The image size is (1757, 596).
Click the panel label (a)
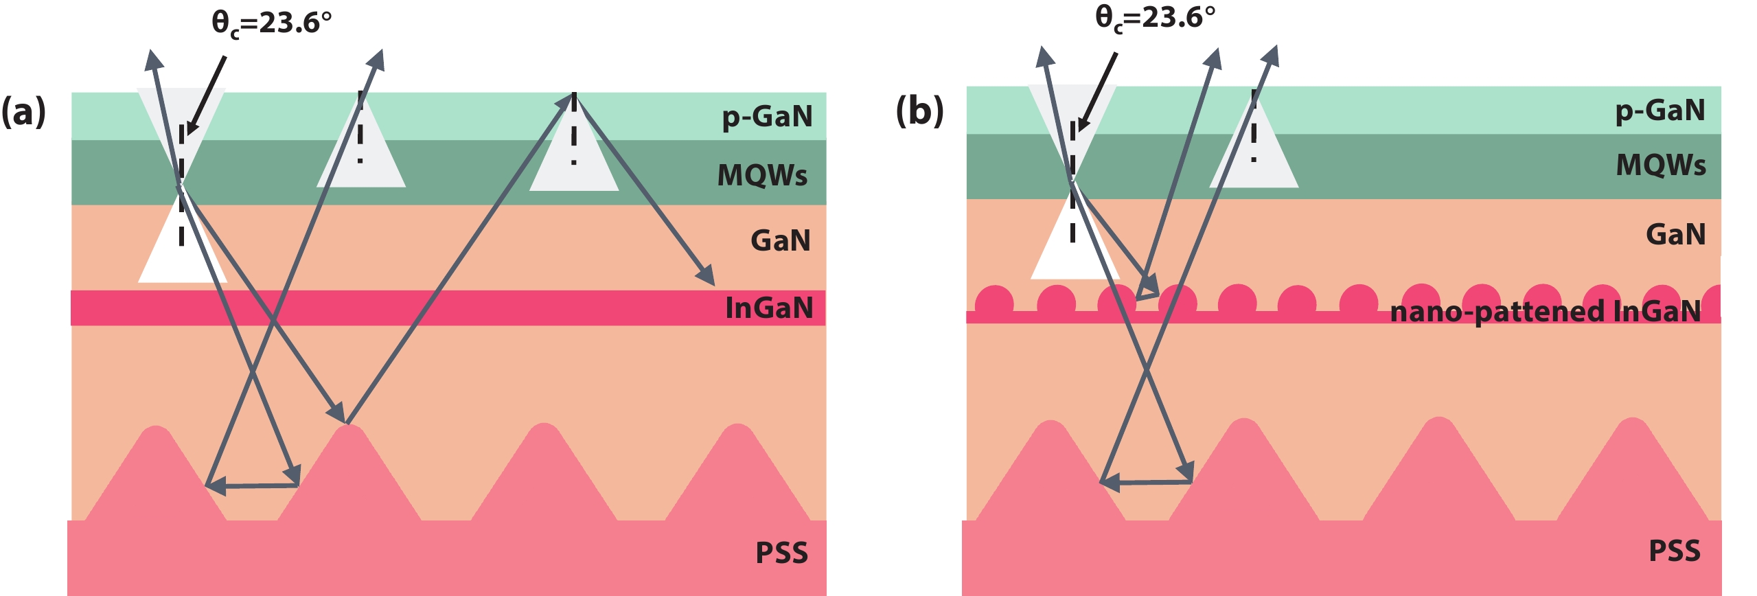click(23, 111)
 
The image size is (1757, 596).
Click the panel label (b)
click(919, 111)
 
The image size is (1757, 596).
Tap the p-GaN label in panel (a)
click(767, 117)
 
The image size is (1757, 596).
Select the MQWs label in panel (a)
click(762, 175)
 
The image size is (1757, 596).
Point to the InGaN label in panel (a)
click(769, 308)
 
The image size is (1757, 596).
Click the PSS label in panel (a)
click(781, 553)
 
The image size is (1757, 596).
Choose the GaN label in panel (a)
click(781, 240)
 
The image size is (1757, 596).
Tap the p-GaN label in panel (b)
click(1660, 111)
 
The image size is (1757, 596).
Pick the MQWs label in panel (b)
click(1660, 165)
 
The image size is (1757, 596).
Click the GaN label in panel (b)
click(1675, 234)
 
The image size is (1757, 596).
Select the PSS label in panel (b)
click(1675, 551)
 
